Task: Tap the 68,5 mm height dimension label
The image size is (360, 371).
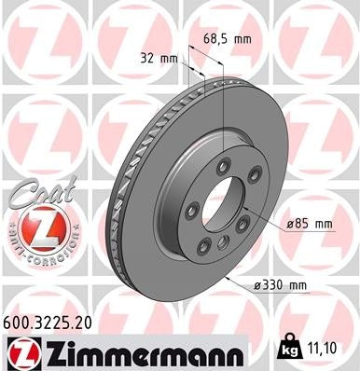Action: point(227,40)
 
